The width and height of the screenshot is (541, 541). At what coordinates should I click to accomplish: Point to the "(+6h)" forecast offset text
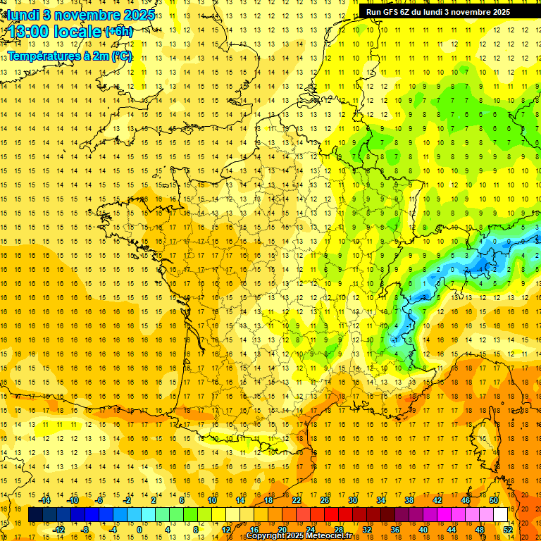click(118, 32)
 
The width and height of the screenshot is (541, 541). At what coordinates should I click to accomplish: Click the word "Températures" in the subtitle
click(42, 56)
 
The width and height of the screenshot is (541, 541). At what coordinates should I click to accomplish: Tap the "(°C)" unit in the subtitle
click(120, 56)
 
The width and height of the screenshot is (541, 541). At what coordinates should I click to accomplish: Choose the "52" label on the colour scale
click(507, 530)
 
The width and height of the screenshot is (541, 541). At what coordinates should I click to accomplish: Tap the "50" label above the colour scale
click(493, 500)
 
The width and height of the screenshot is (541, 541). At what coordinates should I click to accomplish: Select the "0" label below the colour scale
click(139, 530)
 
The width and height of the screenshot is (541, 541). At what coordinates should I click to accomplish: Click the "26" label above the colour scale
click(325, 500)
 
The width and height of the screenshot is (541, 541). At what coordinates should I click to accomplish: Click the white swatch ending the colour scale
click(500, 515)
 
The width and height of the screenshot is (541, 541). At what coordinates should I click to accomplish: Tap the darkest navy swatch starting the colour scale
click(35, 515)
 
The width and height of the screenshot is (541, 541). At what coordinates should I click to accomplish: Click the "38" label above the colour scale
click(409, 500)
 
